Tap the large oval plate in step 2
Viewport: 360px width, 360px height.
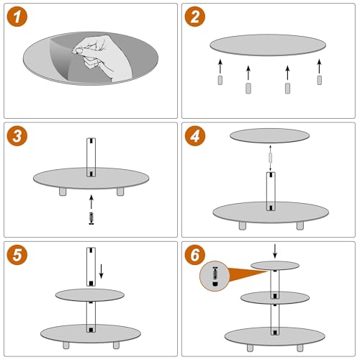(267, 45)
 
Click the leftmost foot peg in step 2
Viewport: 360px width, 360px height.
(220, 81)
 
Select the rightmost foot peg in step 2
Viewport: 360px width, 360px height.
(318, 82)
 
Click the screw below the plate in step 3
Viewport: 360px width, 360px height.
(91, 217)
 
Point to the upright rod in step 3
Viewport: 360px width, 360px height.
(91, 157)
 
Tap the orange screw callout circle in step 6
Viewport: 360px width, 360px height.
(215, 276)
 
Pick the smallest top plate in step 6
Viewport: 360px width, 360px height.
(274, 265)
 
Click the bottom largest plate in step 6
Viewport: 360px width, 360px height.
(274, 335)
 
